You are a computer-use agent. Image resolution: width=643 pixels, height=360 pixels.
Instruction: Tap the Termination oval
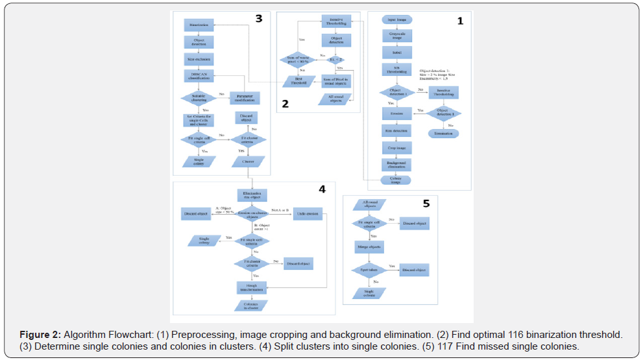(443, 133)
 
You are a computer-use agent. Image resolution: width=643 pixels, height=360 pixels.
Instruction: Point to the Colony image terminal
(396, 180)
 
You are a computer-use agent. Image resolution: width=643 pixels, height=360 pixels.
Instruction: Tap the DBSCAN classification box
(199, 76)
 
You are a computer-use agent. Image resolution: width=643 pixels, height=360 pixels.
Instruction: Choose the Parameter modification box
(244, 99)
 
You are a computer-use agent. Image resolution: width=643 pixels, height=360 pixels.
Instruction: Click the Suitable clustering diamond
(199, 99)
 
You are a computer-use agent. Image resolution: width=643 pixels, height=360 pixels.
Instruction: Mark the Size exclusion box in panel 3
(199, 59)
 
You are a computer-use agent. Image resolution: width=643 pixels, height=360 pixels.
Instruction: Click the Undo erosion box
(308, 214)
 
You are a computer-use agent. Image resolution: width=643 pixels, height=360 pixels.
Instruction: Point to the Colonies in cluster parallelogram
(252, 306)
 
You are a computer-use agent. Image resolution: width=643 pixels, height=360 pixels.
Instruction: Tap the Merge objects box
(369, 247)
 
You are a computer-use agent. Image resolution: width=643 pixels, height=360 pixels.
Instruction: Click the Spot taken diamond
(369, 269)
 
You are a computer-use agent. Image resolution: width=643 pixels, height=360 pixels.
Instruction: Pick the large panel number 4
(322, 189)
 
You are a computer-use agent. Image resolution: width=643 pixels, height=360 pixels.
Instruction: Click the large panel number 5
(426, 204)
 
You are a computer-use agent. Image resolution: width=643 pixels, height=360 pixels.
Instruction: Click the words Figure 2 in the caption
(40, 335)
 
